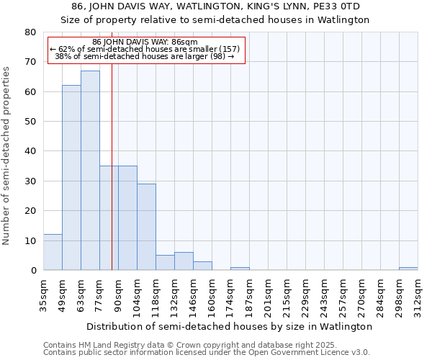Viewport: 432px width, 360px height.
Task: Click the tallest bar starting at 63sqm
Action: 90,171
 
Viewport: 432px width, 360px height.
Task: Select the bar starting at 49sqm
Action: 71,178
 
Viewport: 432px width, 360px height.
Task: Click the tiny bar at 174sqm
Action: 240,269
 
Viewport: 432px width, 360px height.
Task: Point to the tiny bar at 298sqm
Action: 408,269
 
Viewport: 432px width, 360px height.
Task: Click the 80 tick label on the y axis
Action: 30,32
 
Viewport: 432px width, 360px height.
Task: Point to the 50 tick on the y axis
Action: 30,122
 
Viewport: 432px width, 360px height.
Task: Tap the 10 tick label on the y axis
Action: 30,240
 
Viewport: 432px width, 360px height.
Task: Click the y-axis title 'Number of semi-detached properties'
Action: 7,155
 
